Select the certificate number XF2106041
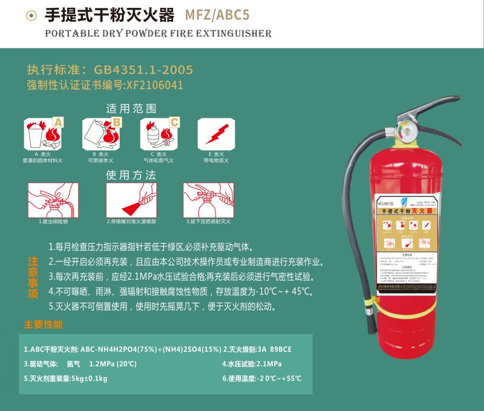154,85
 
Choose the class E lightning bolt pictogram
217,133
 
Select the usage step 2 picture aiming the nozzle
131,200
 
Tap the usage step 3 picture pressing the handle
208,200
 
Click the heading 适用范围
131,109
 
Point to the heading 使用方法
131,175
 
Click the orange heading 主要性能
43,325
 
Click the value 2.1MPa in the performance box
265,364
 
